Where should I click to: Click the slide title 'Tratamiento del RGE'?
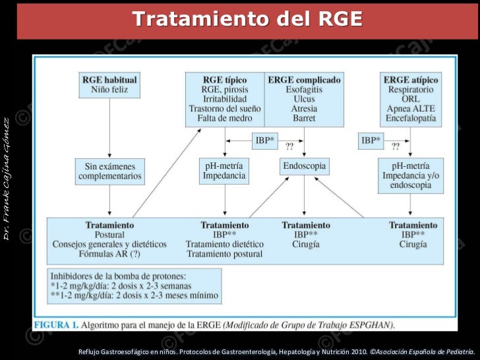tap(247, 20)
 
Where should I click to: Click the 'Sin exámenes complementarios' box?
tap(110, 171)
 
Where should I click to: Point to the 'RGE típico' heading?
tap(224, 79)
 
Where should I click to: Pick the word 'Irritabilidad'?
tap(224, 98)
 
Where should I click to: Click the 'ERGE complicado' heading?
tap(304, 79)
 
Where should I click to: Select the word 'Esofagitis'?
tap(304, 89)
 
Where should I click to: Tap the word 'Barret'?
tap(304, 118)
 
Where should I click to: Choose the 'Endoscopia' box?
tap(304, 166)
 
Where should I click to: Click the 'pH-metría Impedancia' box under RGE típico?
tap(224, 171)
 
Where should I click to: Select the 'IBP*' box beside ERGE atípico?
tap(372, 140)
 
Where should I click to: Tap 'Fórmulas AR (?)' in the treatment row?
tap(110, 254)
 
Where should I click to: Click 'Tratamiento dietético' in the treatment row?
tap(224, 244)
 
